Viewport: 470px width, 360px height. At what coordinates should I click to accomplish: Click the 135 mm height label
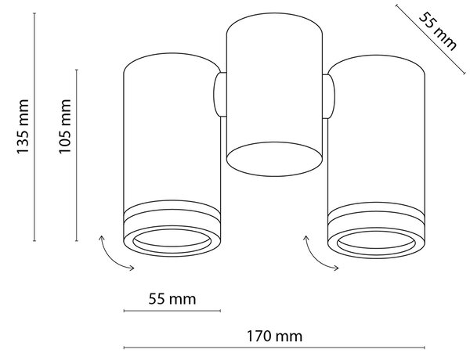tap(23, 127)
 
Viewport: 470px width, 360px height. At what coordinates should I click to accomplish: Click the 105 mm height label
tap(65, 126)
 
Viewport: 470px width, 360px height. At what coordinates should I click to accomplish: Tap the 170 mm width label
tap(274, 337)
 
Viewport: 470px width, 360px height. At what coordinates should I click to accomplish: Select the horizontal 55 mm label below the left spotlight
tap(172, 299)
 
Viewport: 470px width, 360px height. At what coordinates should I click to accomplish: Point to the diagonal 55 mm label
tap(438, 31)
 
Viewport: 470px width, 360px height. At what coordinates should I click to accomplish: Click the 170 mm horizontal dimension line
tap(274, 347)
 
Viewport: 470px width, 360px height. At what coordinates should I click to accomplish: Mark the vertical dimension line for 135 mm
tap(34, 127)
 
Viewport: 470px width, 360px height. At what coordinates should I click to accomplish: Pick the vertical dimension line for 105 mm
tap(77, 155)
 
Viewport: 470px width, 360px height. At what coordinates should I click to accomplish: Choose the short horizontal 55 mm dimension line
tap(172, 311)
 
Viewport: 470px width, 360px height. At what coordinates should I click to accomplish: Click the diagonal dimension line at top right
tap(431, 39)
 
